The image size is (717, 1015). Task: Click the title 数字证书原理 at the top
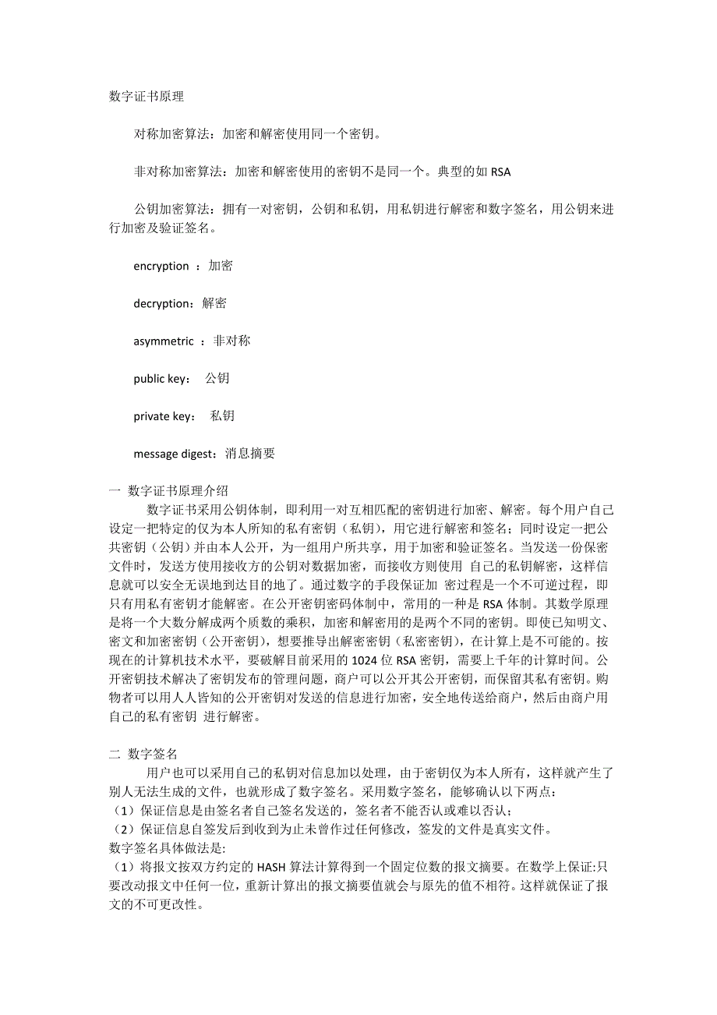point(147,97)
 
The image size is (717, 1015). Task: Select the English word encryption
point(161,266)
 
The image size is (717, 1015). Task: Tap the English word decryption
point(162,303)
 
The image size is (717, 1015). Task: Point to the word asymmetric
point(164,341)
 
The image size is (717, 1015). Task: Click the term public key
point(161,378)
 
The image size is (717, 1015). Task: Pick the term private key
point(163,416)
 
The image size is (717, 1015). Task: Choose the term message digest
point(177,453)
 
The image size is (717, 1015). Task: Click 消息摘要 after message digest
point(250,453)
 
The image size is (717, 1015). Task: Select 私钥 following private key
point(222,416)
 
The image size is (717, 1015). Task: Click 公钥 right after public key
point(217,378)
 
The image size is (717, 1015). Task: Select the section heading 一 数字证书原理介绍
point(169,490)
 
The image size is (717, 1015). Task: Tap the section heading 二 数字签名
point(144,754)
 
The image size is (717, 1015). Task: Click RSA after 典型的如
point(501,172)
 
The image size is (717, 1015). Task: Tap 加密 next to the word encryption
point(221,266)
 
